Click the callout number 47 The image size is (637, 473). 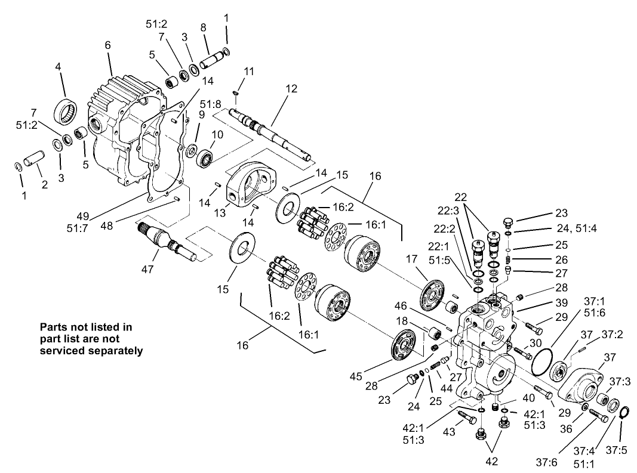(x=147, y=269)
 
